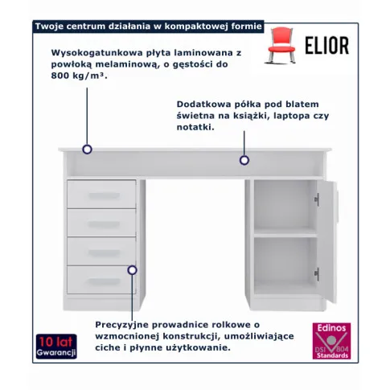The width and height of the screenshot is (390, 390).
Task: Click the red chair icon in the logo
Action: pos(281,45)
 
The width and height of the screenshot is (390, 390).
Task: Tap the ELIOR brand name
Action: pos(326,46)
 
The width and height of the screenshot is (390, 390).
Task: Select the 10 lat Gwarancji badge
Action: pos(56,346)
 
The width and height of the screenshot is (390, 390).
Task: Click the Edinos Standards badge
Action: pos(331,341)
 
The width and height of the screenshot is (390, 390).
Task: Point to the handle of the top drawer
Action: pos(104,196)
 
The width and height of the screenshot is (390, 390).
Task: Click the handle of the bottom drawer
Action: pos(104,281)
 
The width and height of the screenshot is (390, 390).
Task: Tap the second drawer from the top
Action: pos(101,223)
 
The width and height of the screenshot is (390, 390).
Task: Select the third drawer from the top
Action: pos(101,251)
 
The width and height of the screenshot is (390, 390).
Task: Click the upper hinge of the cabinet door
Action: pos(317,199)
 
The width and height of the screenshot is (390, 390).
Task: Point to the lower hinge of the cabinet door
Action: pos(317,274)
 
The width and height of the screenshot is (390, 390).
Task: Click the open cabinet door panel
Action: pos(327,242)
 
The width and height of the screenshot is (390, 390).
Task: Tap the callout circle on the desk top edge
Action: pos(87,150)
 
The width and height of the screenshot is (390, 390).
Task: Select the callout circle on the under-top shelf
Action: pos(244,160)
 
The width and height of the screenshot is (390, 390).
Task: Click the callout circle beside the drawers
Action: pos(132,270)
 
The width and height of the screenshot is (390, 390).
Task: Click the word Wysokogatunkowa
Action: pos(96,53)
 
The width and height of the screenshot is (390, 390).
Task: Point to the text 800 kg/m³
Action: pos(79,76)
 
